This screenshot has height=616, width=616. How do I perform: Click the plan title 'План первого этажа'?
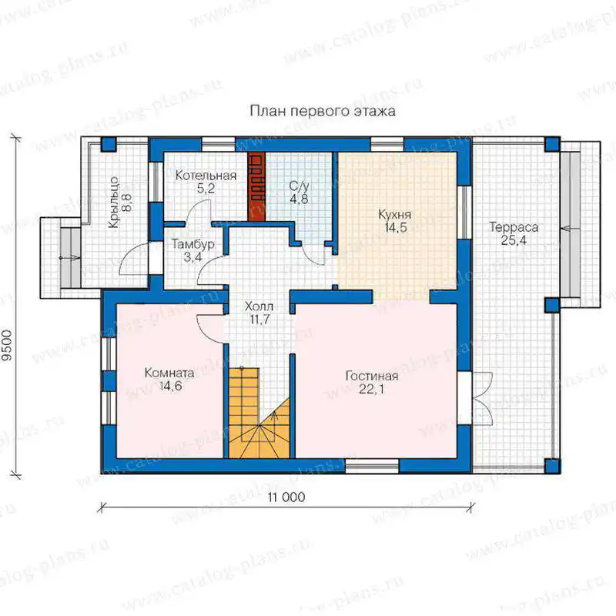[323, 111]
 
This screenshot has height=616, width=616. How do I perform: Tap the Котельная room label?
[206, 176]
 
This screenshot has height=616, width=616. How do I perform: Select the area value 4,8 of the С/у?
[299, 199]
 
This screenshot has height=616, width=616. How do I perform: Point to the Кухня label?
[395, 215]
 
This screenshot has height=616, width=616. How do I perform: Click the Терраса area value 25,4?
[514, 240]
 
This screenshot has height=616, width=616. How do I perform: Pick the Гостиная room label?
[372, 376]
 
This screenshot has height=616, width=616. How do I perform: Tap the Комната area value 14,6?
[170, 386]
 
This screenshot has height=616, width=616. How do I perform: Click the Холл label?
[259, 306]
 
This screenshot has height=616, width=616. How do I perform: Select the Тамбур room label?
[193, 244]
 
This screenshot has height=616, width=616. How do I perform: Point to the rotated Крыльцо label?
[113, 203]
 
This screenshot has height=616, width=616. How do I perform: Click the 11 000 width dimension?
[286, 497]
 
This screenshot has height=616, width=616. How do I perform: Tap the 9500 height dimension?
[7, 346]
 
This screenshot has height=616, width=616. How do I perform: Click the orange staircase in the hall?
[259, 413]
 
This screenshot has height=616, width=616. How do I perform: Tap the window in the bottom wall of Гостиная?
[372, 466]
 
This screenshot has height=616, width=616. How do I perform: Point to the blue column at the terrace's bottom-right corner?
[553, 466]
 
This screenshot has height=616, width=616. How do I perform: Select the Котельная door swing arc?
[198, 211]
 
